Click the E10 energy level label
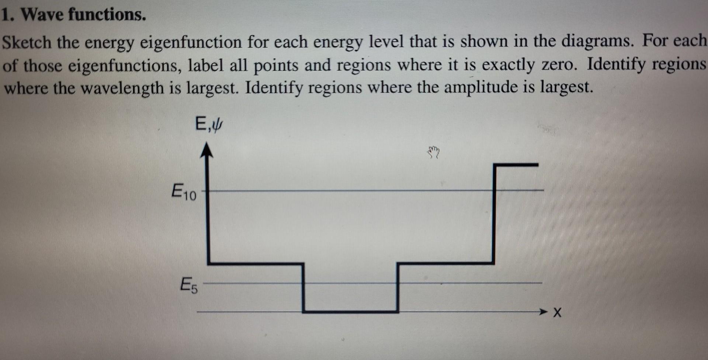(x=184, y=192)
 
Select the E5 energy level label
(x=189, y=285)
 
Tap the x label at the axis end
(x=557, y=313)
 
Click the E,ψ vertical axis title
(x=209, y=124)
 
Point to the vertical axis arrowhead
(x=207, y=150)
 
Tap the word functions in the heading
(x=107, y=15)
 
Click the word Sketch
(x=27, y=42)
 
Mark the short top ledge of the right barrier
(x=516, y=165)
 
